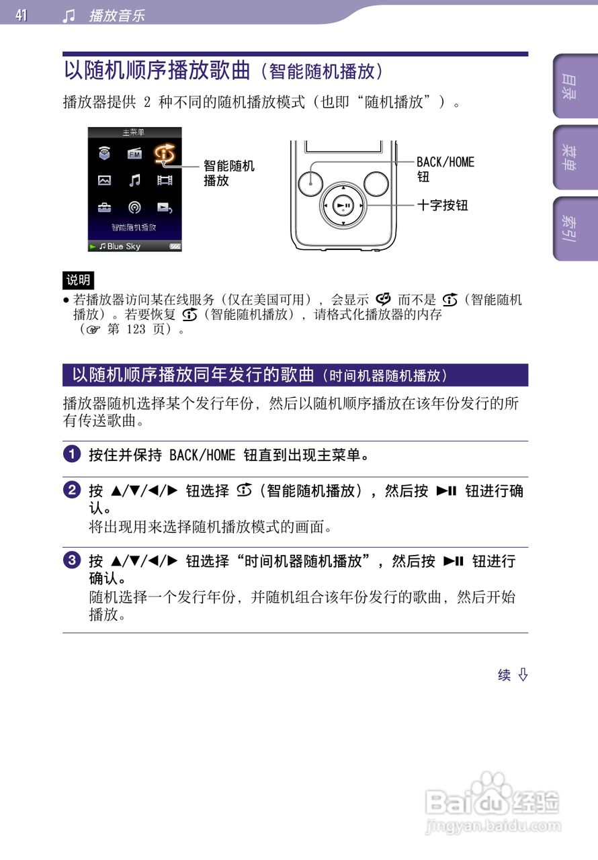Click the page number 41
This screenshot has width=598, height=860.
(x=22, y=15)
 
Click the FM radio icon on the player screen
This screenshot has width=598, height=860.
(x=134, y=155)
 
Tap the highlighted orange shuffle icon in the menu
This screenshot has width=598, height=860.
(x=165, y=155)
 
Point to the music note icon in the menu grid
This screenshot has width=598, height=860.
(x=134, y=180)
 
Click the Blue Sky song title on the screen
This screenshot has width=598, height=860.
(x=124, y=247)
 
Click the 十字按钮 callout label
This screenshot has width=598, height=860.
(x=443, y=206)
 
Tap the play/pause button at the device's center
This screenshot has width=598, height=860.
(x=343, y=205)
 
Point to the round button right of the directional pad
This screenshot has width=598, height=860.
(x=376, y=183)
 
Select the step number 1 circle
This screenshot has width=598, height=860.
(x=72, y=454)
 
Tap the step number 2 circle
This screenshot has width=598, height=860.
(x=72, y=490)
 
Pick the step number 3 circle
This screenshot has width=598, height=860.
(x=72, y=560)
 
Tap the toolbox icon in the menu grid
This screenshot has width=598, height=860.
(x=104, y=207)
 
